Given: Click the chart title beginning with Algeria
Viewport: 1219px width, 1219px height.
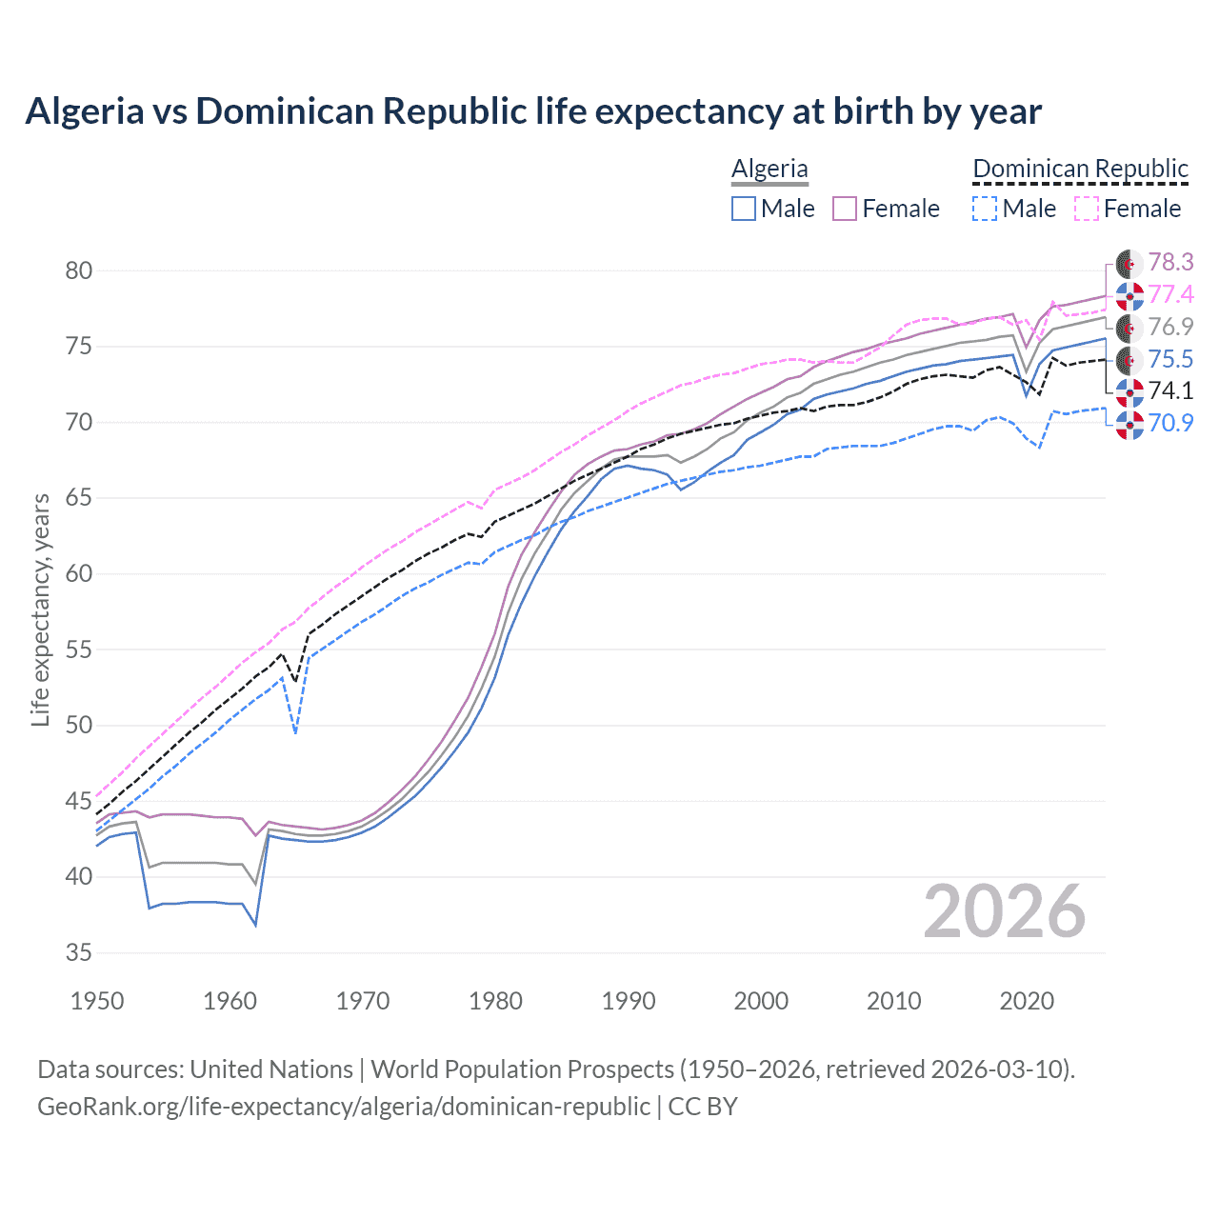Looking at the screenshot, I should click(533, 111).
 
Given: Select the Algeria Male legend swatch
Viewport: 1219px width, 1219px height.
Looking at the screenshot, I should click(744, 209).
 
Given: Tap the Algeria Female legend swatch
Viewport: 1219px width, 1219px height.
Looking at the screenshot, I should click(845, 209).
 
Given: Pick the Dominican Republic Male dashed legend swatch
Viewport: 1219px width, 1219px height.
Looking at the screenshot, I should click(985, 209).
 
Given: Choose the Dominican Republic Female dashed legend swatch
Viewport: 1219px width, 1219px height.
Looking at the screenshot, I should click(1087, 209).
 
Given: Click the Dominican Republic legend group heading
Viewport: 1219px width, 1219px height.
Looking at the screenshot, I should click(1080, 169).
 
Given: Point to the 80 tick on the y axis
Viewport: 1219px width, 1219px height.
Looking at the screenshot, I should click(78, 271).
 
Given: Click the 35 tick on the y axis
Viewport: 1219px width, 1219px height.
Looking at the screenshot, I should click(78, 953).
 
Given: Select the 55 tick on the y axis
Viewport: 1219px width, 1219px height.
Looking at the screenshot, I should click(78, 650).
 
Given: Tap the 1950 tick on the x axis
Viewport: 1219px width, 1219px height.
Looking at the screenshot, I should click(97, 1001).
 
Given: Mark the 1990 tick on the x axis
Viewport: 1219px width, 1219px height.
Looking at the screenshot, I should click(629, 1001).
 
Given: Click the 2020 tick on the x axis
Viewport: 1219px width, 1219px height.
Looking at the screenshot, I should click(1027, 1001).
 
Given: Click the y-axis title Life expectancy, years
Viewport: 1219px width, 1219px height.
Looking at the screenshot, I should click(40, 609).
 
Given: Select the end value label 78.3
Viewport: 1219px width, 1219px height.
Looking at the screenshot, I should click(1170, 262).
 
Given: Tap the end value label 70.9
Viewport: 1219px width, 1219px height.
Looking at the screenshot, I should click(1170, 423).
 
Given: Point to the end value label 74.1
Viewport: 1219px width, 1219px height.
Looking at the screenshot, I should click(1170, 390).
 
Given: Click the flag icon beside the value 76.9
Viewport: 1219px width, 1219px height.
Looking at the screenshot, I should click(1129, 328).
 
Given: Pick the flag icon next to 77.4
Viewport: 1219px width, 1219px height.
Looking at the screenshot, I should click(1129, 295).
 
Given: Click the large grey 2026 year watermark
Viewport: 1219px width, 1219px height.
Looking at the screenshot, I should click(1005, 912).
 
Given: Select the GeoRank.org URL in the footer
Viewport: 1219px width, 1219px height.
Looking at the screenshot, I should click(344, 1107).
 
